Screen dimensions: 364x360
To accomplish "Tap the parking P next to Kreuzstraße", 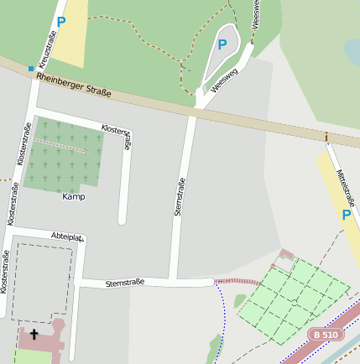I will (x=60, y=23).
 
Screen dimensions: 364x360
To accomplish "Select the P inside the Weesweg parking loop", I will (x=222, y=44).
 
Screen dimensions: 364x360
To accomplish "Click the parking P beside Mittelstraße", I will (x=346, y=215).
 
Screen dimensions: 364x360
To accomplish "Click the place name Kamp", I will (x=74, y=196).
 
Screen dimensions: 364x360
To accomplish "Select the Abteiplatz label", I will (x=67, y=237).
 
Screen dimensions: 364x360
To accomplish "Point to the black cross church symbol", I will (x=34, y=334).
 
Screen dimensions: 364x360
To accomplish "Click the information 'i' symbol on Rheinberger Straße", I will (x=326, y=137).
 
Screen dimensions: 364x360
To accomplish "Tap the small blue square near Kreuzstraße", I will (x=31, y=69).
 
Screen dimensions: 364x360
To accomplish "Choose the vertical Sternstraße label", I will (x=179, y=197).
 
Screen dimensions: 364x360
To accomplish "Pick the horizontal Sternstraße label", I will (x=125, y=283).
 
